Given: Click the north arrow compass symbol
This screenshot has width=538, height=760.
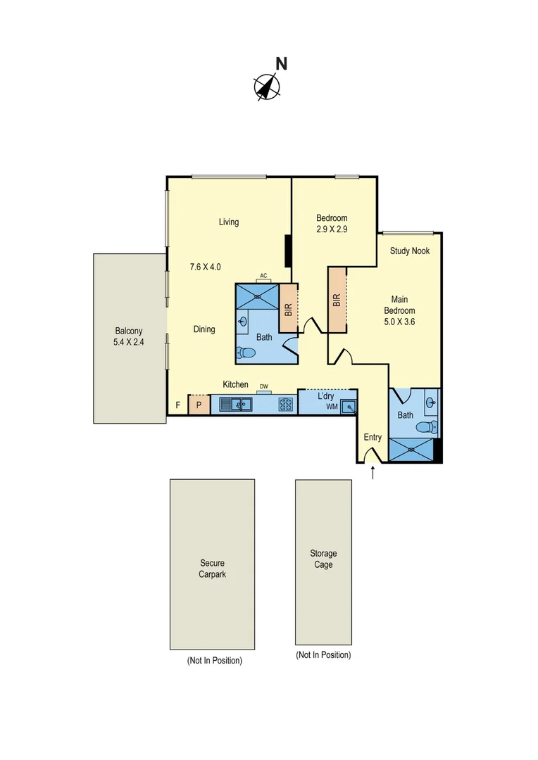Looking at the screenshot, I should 267,87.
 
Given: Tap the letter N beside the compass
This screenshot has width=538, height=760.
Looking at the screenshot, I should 281,63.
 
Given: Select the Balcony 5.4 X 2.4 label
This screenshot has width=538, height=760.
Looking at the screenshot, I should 130,337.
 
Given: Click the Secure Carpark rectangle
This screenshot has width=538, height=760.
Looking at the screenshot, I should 212,564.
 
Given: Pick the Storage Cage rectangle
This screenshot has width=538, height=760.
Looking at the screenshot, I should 323,562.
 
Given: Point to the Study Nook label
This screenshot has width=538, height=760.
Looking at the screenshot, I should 410,251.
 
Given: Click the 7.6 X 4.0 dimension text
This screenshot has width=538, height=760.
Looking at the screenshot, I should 206,267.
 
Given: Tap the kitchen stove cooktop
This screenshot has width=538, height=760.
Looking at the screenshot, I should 286,405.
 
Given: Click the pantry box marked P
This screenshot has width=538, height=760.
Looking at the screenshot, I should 199,405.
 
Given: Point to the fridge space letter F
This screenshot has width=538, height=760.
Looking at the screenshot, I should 178,405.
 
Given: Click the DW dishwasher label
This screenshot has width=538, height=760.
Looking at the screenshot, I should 264,386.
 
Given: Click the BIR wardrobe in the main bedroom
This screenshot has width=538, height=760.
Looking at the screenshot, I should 337,300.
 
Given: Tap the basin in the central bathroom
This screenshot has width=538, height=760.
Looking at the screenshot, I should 244,322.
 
